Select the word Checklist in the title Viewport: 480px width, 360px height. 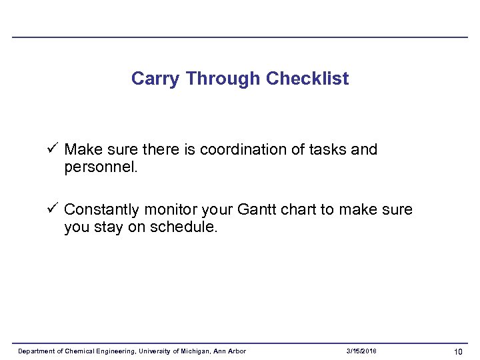pos(307,79)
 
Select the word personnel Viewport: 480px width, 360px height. pos(100,167)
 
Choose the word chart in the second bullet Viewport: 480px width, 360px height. pos(299,209)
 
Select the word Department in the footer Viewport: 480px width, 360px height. pos(37,351)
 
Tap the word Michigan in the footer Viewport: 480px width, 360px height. pos(191,351)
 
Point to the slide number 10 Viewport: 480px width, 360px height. pos(458,351)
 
